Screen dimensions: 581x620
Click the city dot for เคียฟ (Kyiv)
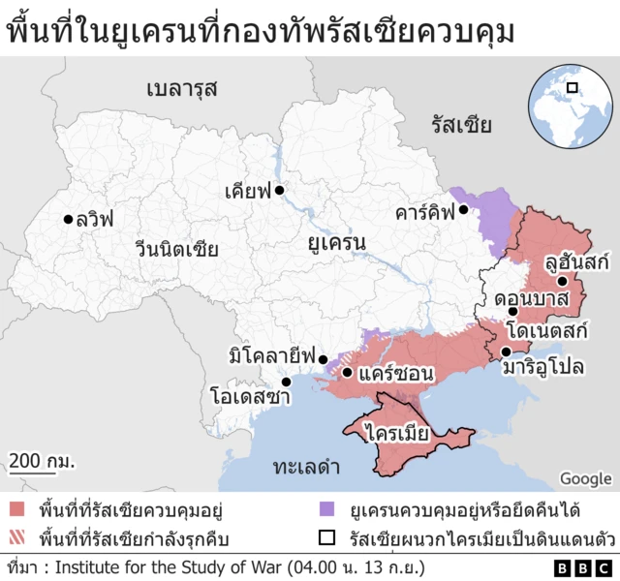279,191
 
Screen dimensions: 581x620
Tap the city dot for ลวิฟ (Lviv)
68,219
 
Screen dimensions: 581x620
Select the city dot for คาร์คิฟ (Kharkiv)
464,209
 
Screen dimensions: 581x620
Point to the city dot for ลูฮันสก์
562,281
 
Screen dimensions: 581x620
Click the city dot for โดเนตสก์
512,311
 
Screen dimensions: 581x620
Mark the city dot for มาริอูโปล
506,352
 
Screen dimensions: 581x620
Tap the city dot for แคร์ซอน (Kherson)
347,371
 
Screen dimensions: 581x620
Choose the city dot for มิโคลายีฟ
324,357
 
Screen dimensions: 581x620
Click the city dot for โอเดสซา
286,381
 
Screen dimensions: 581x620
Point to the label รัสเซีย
462,125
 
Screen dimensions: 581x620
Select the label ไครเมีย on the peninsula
396,433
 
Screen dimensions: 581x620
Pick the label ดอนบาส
530,297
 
